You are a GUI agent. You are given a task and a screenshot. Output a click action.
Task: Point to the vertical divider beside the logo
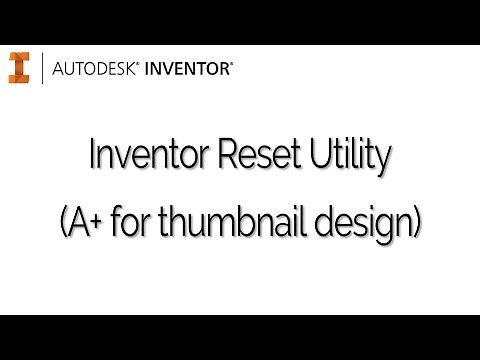pyautogui.click(x=41, y=68)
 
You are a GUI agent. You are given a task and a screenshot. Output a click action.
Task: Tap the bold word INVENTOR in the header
pyautogui.click(x=187, y=69)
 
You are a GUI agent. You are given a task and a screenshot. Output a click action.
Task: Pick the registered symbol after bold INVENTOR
pyautogui.click(x=234, y=64)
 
